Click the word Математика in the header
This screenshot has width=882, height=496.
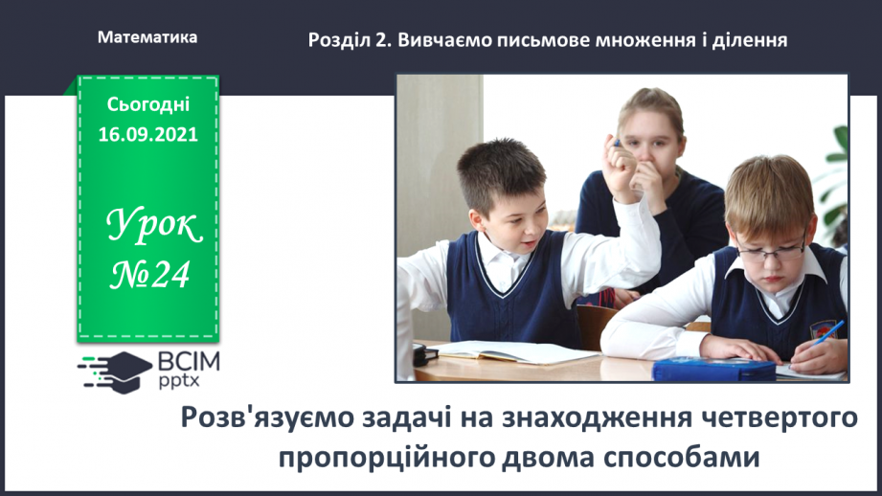click(147, 37)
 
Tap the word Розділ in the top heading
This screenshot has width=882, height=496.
click(336, 40)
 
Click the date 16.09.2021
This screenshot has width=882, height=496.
click(147, 135)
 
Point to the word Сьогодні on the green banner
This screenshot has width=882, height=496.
click(147, 104)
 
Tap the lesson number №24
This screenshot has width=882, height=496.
click(149, 276)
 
